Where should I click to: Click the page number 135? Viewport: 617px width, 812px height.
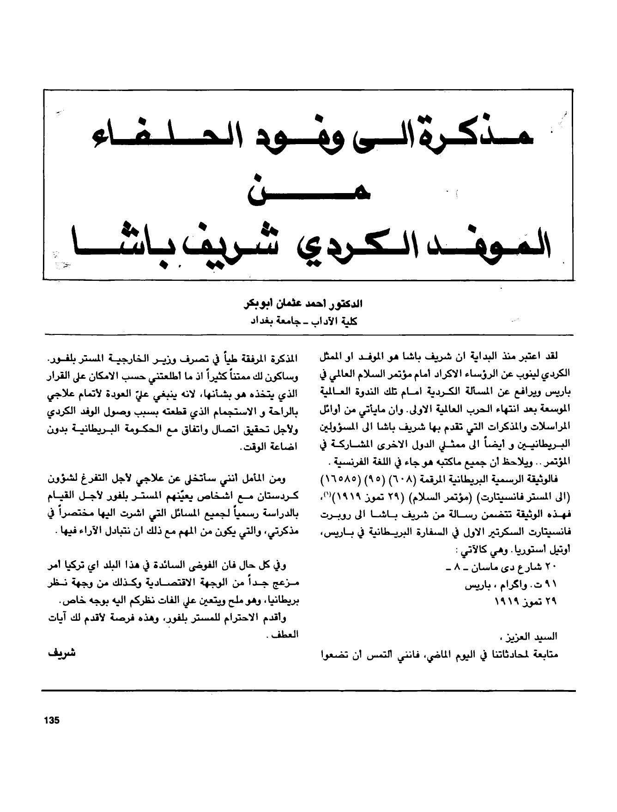52,721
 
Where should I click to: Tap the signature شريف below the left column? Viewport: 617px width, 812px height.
61,654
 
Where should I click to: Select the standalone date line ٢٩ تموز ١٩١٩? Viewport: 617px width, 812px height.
526,602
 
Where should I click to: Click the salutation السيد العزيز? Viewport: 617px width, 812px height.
538,636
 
